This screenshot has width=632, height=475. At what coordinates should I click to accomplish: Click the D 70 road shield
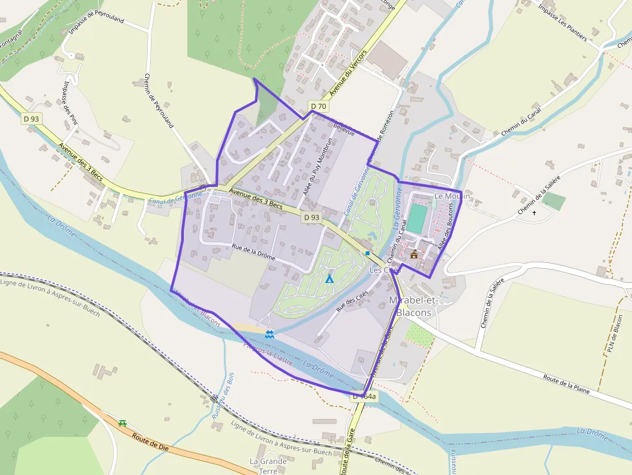click(318, 106)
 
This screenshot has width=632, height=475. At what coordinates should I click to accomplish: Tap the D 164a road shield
click(364, 397)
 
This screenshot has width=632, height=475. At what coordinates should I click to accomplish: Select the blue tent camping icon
click(330, 279)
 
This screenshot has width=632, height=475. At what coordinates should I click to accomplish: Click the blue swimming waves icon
click(269, 334)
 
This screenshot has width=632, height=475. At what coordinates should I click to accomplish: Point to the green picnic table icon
click(123, 423)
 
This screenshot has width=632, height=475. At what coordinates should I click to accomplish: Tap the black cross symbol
click(535, 213)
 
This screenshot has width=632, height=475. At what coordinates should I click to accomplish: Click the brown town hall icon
click(414, 254)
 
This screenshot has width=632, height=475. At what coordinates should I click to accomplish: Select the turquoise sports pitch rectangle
click(418, 218)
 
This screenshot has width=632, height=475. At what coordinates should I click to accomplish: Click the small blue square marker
click(368, 253)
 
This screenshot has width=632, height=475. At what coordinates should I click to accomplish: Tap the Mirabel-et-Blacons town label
click(415, 306)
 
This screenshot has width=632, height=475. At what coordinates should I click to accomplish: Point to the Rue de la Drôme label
click(253, 252)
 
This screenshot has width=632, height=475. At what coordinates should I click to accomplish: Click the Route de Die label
click(150, 443)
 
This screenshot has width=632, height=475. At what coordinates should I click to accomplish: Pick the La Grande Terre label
click(268, 466)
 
